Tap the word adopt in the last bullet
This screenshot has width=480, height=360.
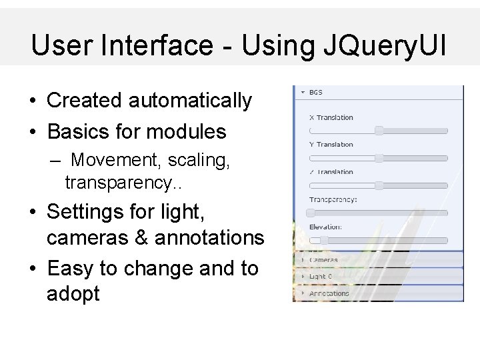tap(73, 293)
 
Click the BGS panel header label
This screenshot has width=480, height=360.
tap(316, 92)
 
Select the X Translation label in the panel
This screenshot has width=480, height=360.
tap(331, 117)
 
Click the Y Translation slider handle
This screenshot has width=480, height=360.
tap(379, 158)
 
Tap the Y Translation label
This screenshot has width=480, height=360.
tap(331, 144)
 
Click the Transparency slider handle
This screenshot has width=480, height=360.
tap(311, 213)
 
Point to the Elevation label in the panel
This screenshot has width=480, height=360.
tap(325, 227)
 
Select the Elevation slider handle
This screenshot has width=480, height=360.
tap(323, 239)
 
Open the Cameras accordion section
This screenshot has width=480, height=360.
tap(324, 260)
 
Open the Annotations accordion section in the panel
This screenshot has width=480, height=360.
tap(329, 293)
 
